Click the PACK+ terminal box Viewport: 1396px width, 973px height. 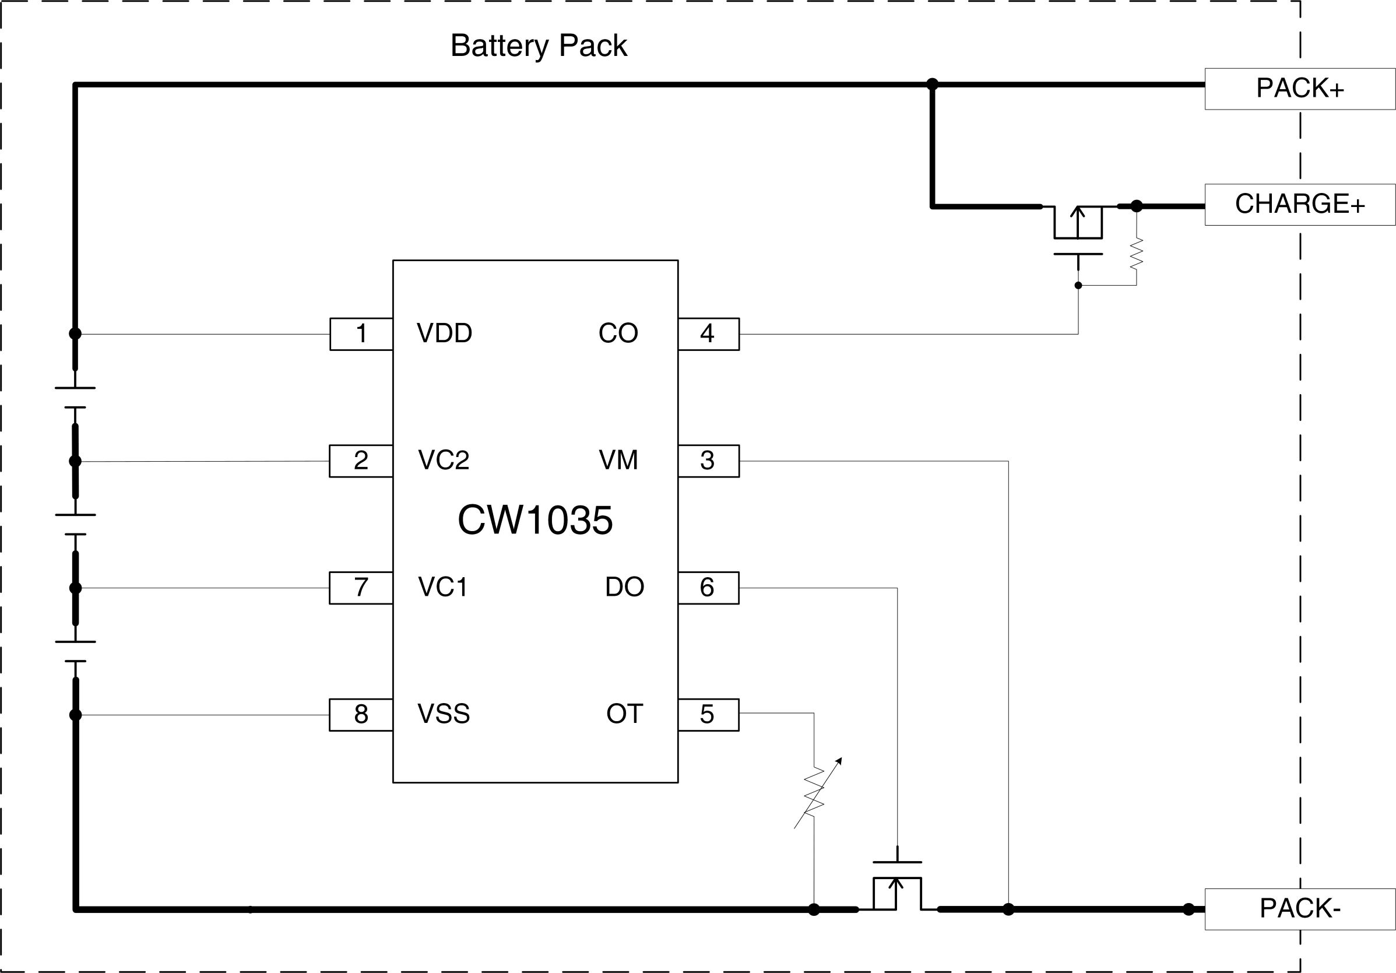pos(1299,89)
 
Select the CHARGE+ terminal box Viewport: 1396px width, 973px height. pos(1299,204)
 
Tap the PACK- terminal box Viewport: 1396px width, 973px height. pos(1299,909)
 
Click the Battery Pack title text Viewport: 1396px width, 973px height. pos(538,45)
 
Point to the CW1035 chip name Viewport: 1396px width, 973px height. pos(535,521)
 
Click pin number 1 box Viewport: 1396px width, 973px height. pos(361,334)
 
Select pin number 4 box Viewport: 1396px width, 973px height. pos(708,334)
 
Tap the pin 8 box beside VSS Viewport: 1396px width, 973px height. pos(361,715)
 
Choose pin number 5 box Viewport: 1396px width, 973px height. pos(708,715)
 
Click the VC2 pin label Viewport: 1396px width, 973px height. pos(443,461)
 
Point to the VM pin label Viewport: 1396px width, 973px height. pos(618,461)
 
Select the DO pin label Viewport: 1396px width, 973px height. pos(624,588)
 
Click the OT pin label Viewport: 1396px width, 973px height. pos(624,714)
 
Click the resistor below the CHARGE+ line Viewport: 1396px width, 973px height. pos(1136,254)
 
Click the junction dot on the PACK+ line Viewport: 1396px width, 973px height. pos(932,85)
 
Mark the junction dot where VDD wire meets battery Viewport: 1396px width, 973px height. pos(75,334)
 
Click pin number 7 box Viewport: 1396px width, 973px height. pos(361,588)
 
